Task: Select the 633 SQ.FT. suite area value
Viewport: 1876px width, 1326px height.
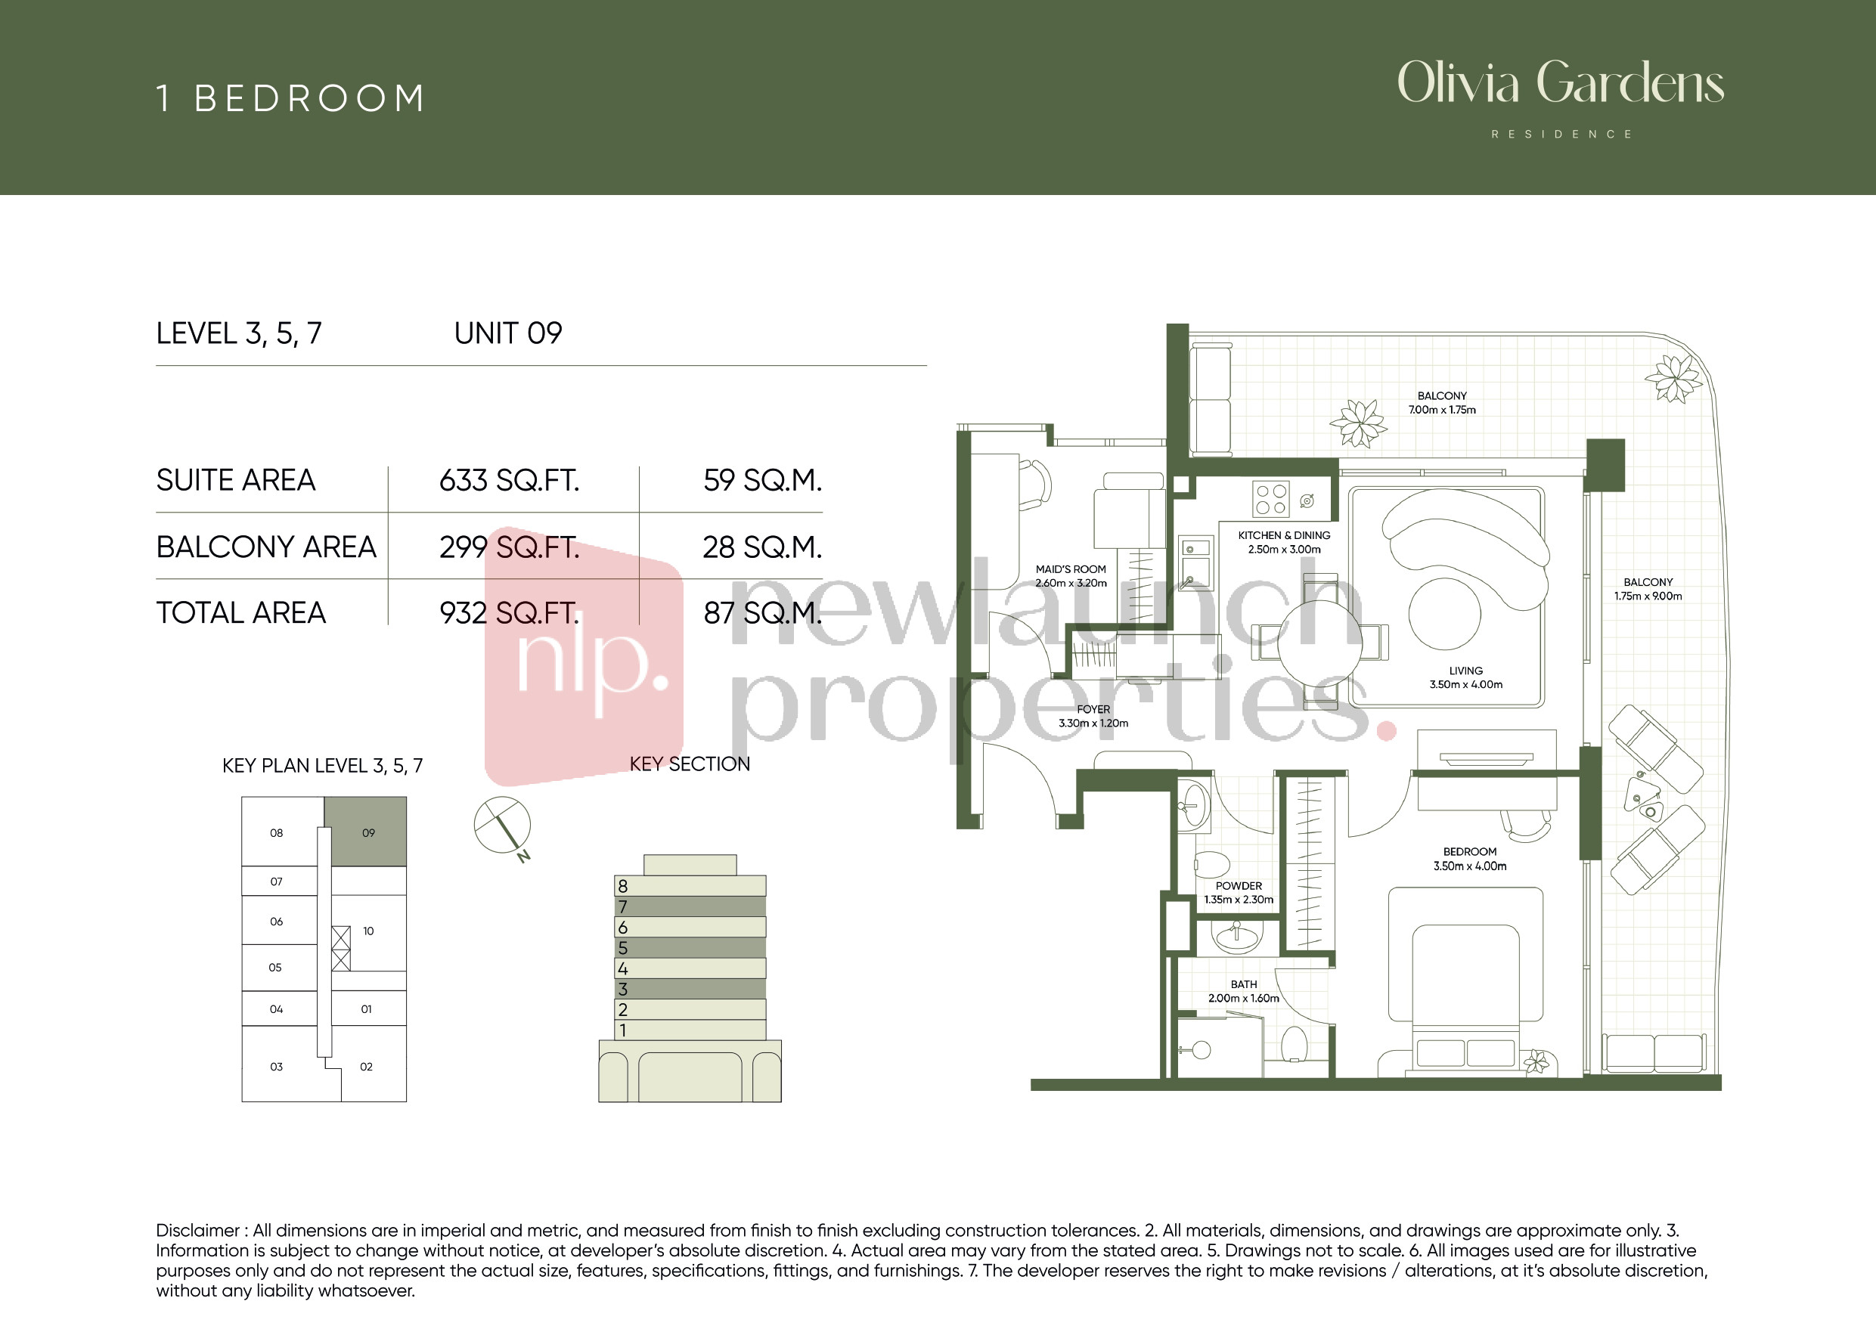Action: pos(509,480)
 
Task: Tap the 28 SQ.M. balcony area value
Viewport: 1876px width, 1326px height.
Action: pos(762,547)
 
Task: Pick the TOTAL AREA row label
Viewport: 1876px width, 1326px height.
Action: pos(241,613)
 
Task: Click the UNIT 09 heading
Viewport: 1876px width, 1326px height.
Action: pos(508,333)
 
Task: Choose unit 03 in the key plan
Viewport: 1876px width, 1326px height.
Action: pos(276,1066)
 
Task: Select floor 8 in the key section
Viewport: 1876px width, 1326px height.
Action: pos(690,885)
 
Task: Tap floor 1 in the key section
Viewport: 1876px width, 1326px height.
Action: pos(690,1030)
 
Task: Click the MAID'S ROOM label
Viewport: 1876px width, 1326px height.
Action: pos(1071,569)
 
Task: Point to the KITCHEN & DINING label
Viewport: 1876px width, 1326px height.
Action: pos(1284,535)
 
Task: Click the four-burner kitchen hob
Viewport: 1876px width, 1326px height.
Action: pos(1270,499)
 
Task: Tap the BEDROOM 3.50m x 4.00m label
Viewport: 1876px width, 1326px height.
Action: pos(1470,859)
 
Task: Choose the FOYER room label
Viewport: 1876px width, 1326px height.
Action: pos(1093,709)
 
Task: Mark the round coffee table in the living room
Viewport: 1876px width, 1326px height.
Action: pos(1444,614)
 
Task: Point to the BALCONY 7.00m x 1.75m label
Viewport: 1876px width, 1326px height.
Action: pos(1442,403)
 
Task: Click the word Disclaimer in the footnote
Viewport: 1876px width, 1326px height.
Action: pos(197,1231)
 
